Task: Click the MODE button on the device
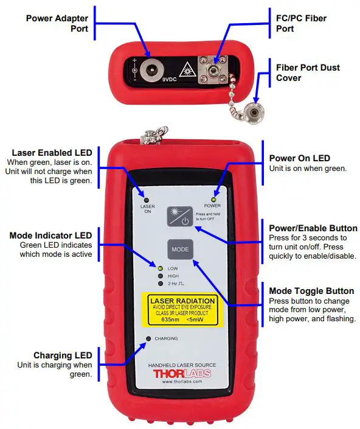pos(180,249)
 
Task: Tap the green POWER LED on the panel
pos(213,200)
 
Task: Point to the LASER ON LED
pos(147,200)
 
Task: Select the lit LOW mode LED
pos(161,268)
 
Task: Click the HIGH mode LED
pos(161,276)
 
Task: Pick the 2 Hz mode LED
pos(161,284)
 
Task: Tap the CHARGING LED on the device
pos(148,338)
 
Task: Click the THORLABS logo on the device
pos(182,374)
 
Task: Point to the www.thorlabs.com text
pos(182,383)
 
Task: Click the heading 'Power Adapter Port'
pos(57,23)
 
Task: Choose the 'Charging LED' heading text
pos(63,355)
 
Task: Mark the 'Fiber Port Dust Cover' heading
pos(308,72)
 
